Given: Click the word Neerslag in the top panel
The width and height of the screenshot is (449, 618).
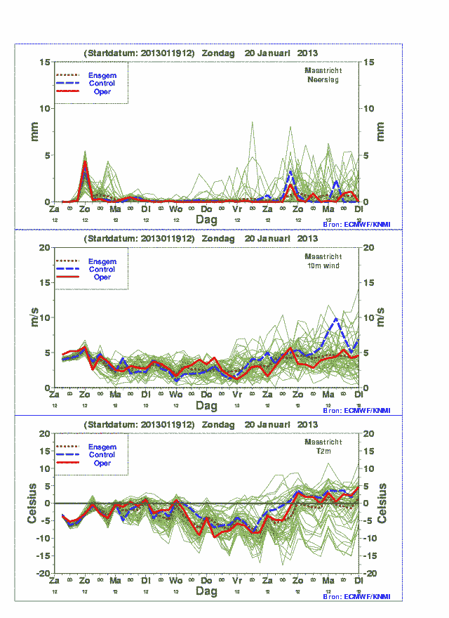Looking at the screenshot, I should pyautogui.click(x=323, y=79).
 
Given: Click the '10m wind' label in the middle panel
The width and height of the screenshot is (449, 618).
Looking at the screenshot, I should pyautogui.click(x=323, y=265).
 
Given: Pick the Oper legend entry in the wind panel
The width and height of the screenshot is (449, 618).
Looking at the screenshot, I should pyautogui.click(x=102, y=277).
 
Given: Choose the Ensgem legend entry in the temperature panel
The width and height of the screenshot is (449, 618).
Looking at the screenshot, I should pyautogui.click(x=102, y=447).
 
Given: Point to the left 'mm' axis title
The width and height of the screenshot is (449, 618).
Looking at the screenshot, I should pyautogui.click(x=34, y=131).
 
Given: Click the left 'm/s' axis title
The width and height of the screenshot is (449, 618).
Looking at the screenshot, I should pyautogui.click(x=34, y=317).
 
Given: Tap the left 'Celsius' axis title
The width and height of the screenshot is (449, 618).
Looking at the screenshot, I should pyautogui.click(x=32, y=503).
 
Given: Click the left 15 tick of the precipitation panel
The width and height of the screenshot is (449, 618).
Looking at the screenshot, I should pyautogui.click(x=45, y=62).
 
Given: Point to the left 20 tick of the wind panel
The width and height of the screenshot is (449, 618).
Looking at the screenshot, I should pyautogui.click(x=45, y=248).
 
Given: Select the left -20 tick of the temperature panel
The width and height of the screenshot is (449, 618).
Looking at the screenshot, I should pyautogui.click(x=42, y=574).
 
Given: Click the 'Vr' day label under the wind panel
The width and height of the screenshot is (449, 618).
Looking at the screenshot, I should pyautogui.click(x=237, y=395).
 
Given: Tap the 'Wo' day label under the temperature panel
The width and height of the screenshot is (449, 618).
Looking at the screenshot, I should pyautogui.click(x=176, y=581).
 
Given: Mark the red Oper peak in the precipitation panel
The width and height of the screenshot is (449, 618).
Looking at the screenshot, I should pyautogui.click(x=85, y=162).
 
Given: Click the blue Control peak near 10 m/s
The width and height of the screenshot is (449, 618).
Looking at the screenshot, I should pyautogui.click(x=337, y=319).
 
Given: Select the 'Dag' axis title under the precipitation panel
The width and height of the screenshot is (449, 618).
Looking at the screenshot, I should pyautogui.click(x=206, y=220).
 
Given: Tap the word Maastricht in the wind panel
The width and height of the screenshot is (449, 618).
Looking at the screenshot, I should pyautogui.click(x=323, y=257).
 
